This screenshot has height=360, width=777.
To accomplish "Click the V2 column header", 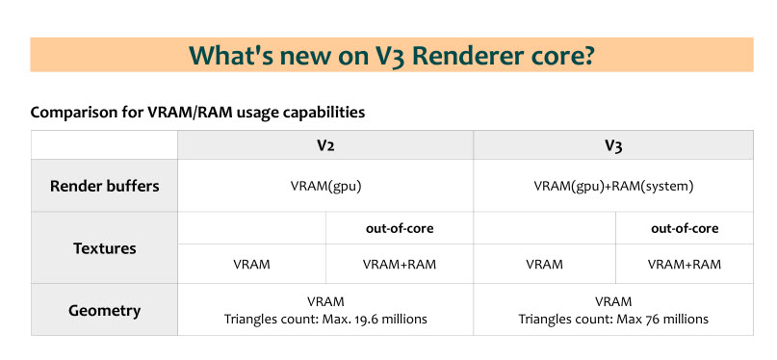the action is [x=325, y=146].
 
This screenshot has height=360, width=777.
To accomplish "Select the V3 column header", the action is [x=613, y=146].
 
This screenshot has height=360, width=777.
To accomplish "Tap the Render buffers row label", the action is [x=105, y=186].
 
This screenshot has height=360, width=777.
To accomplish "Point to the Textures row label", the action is [x=105, y=248].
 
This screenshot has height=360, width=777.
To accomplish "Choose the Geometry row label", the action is [x=105, y=311].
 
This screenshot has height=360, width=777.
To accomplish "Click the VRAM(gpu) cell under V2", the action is [x=326, y=186].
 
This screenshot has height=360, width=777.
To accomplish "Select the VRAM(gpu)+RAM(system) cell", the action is [x=613, y=186].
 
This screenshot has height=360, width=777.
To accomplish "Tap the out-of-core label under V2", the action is [x=400, y=228].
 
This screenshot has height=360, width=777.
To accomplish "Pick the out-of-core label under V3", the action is [x=685, y=228].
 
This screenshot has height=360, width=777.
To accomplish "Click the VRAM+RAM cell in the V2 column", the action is [x=400, y=265].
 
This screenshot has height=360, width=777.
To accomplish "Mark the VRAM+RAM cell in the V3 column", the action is [x=685, y=265].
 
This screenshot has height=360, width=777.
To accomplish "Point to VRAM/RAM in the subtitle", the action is [x=191, y=113].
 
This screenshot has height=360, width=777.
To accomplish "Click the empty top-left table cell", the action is [x=105, y=145].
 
